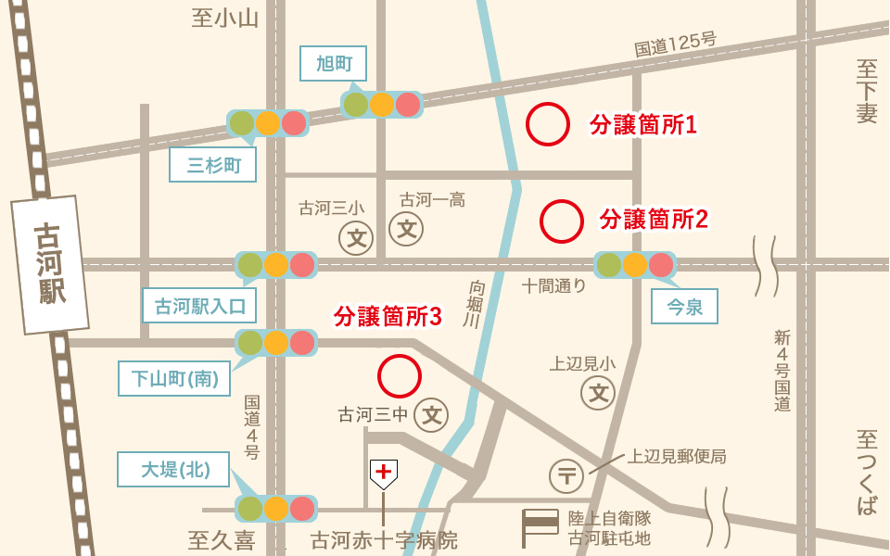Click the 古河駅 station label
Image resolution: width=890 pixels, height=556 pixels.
pos(50,264)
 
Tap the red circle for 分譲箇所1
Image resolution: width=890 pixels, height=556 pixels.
pos(548,124)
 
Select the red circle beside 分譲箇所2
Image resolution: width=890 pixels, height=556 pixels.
pos(561,221)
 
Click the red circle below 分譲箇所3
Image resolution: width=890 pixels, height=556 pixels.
pos(400,375)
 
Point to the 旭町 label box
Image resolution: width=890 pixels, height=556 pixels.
pos(334,64)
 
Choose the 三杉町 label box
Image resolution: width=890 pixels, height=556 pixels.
pos(213,166)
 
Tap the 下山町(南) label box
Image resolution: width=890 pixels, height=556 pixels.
pos(173,378)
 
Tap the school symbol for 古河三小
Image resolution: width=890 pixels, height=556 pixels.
pos(356,237)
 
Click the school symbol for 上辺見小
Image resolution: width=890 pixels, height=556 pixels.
pos(598,393)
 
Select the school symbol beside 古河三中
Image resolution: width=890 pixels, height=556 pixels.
pos(431,414)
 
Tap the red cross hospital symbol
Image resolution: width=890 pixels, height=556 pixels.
pos(383,474)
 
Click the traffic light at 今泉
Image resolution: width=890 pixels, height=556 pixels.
pos(634,265)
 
